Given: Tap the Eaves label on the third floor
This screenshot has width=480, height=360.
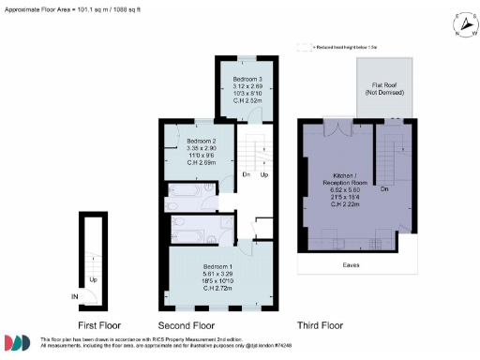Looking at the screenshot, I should click(x=352, y=265).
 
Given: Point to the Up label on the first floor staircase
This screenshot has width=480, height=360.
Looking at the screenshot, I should click(x=93, y=279).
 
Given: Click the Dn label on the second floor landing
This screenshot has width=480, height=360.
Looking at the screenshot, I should click(x=246, y=173).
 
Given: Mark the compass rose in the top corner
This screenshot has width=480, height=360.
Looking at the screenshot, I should click(x=459, y=24).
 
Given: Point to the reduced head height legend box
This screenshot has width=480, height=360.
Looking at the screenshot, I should click(x=304, y=45).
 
